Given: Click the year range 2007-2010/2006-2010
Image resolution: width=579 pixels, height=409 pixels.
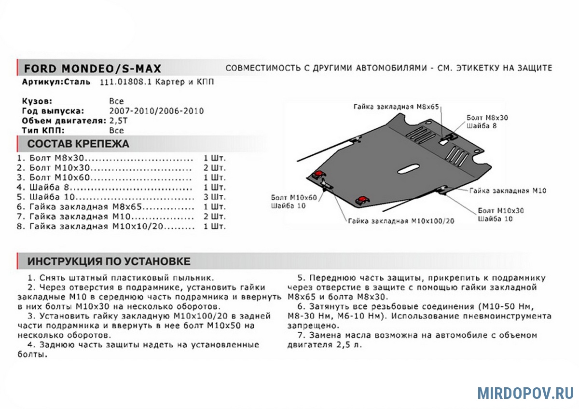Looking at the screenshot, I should tap(156, 111).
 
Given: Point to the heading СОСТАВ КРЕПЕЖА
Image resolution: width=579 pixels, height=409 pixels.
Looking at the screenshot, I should tap(78, 144).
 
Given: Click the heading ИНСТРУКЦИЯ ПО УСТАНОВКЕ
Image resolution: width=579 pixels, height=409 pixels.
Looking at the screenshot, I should tap(109, 261).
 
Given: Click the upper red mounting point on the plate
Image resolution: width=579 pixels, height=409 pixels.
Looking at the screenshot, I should tap(318, 175).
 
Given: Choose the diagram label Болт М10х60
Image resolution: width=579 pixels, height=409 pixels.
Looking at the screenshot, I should tap(294, 198).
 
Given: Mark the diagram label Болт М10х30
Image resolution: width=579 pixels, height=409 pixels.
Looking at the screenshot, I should tap(501, 211).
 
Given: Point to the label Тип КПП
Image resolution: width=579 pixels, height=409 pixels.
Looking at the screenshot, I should tap(43, 130).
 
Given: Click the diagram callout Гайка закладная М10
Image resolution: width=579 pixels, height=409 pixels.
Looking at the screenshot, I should tap(507, 191).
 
